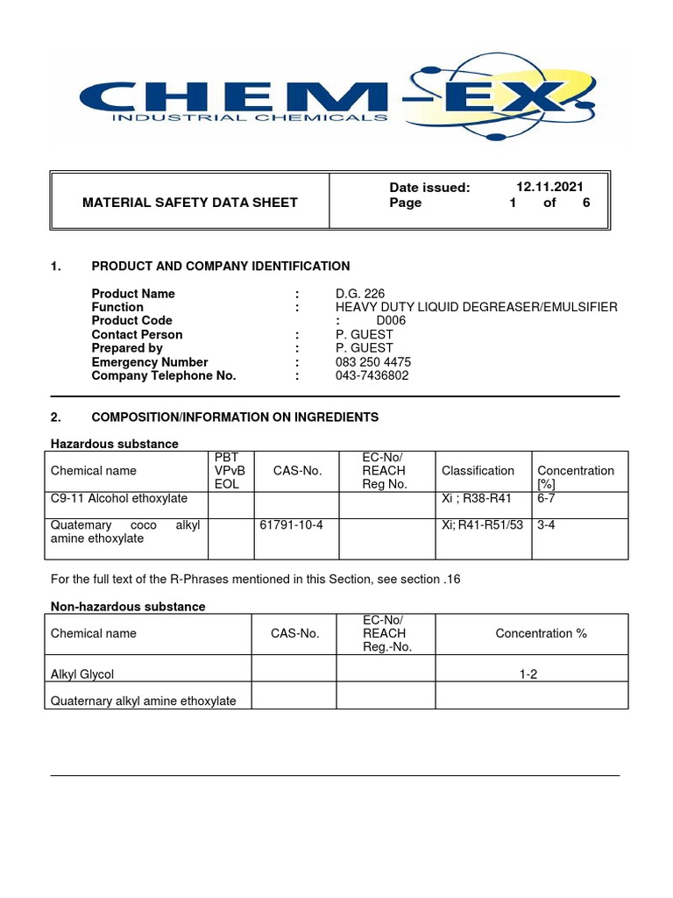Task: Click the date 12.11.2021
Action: pos(549,187)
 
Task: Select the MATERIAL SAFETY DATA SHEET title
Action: pos(189,203)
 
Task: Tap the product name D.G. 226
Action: pos(359,294)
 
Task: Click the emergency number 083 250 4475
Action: pos(373,362)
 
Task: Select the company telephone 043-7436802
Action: pos(372,375)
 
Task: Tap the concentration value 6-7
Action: pos(547,498)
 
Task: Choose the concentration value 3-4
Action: pos(547,525)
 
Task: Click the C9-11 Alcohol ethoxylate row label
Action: pos(119,498)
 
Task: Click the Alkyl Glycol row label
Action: pos(82,674)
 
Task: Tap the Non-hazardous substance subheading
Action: pos(128,607)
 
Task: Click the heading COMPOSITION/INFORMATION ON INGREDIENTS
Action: pos(235,417)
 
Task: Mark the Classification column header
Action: pos(478,471)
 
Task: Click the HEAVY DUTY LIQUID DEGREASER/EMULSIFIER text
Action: pos(476,307)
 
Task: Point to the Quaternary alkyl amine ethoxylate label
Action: pos(144,701)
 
